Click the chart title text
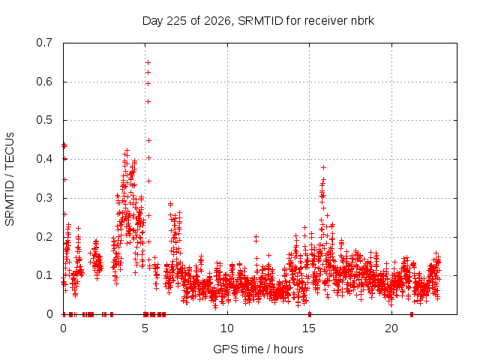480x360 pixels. [258, 21]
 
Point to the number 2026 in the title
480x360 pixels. [217, 21]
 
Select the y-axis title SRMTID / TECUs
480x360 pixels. [10, 179]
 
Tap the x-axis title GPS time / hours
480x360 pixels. [258, 349]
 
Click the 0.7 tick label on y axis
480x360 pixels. [44, 43]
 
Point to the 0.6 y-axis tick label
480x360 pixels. [44, 82]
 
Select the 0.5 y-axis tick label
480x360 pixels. [44, 120]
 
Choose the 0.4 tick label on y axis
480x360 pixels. [44, 159]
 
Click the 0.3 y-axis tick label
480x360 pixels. [44, 198]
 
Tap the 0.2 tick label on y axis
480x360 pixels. [44, 237]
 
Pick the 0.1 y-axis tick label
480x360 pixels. [44, 275]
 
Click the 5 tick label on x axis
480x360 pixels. [145, 328]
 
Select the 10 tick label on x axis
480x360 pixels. [227, 328]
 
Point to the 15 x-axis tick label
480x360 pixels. [309, 328]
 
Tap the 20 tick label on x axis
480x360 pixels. [391, 328]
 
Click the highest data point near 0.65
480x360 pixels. [148, 63]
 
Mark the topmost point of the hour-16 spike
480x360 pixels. [323, 167]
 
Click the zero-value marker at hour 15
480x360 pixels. [310, 314]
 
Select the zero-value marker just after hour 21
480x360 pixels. [412, 314]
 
